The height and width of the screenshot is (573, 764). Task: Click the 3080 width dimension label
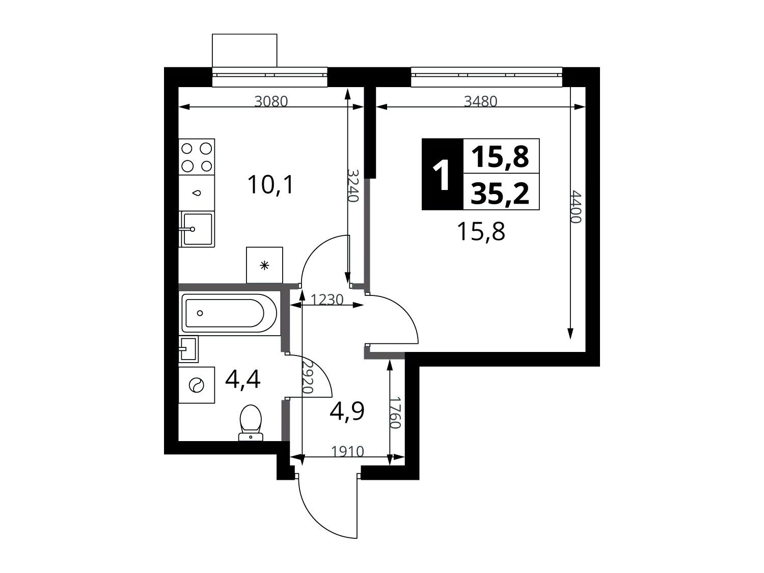(271, 101)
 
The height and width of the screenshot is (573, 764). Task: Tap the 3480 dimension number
(481, 101)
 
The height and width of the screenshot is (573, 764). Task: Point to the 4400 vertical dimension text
(576, 207)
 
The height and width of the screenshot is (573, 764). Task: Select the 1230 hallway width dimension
(327, 299)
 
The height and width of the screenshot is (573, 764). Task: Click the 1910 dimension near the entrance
(347, 452)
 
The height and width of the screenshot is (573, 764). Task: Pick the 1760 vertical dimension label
(395, 413)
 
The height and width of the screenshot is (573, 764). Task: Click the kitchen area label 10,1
(271, 185)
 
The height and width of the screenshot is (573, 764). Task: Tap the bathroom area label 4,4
(242, 379)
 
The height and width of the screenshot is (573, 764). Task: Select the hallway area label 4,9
(347, 411)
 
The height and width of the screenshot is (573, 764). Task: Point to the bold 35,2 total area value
(500, 194)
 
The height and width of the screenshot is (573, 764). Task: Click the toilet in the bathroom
(251, 422)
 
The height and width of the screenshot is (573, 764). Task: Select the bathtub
(229, 313)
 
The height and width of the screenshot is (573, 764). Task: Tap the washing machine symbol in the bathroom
(196, 385)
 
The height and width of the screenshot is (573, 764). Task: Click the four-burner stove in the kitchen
(197, 157)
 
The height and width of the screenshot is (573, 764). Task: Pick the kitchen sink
(197, 229)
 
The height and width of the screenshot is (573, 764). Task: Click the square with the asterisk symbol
(264, 265)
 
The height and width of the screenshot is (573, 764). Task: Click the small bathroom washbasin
(188, 349)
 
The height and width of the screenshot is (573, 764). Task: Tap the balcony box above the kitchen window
(244, 50)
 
